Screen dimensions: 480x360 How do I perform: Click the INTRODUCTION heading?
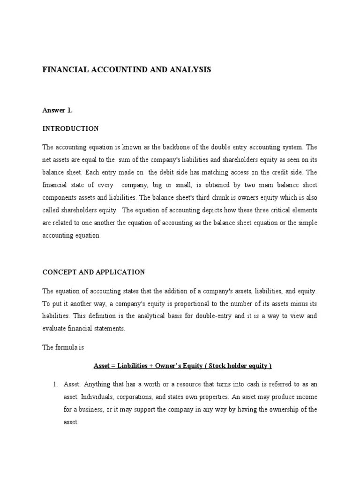[70, 128]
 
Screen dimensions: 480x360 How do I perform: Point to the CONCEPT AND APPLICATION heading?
[93, 272]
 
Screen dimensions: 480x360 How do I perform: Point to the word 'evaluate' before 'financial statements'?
[53, 329]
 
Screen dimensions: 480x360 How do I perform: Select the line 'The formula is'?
[62, 347]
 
